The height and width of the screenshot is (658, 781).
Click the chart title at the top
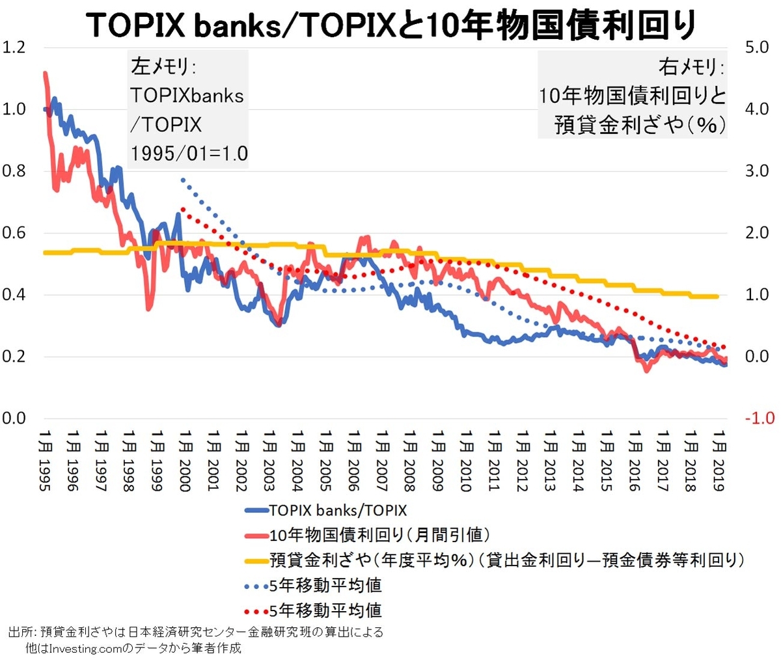click(390, 25)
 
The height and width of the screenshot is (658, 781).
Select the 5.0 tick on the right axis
click(756, 48)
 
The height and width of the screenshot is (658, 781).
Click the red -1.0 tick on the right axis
click(759, 418)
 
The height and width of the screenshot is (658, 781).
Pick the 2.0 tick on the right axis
click(756, 233)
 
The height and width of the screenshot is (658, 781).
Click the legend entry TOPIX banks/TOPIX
click(337, 510)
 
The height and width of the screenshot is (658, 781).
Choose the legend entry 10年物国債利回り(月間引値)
click(379, 535)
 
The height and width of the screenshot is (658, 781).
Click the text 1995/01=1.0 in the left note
click(189, 154)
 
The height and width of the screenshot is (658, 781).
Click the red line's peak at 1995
click(45, 74)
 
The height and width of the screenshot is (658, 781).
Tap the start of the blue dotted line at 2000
click(184, 180)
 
